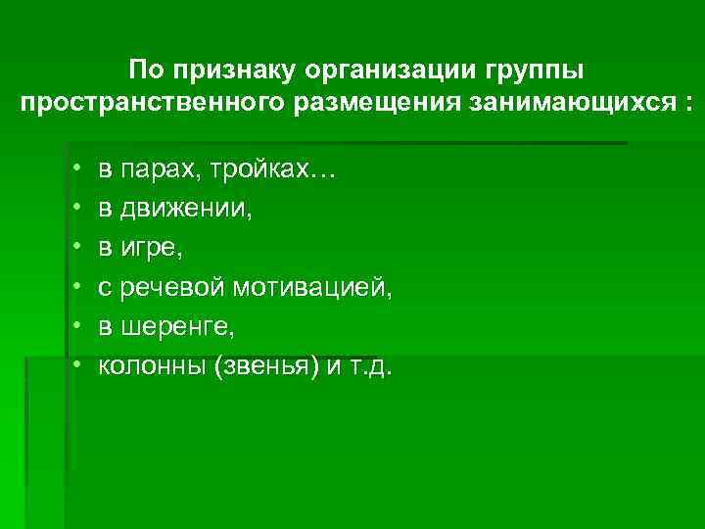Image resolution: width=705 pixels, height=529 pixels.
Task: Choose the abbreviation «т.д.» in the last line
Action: click(368, 367)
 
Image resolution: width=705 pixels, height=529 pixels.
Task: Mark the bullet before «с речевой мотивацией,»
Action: click(75, 289)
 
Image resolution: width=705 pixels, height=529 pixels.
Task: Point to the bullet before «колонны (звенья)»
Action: click(75, 367)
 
